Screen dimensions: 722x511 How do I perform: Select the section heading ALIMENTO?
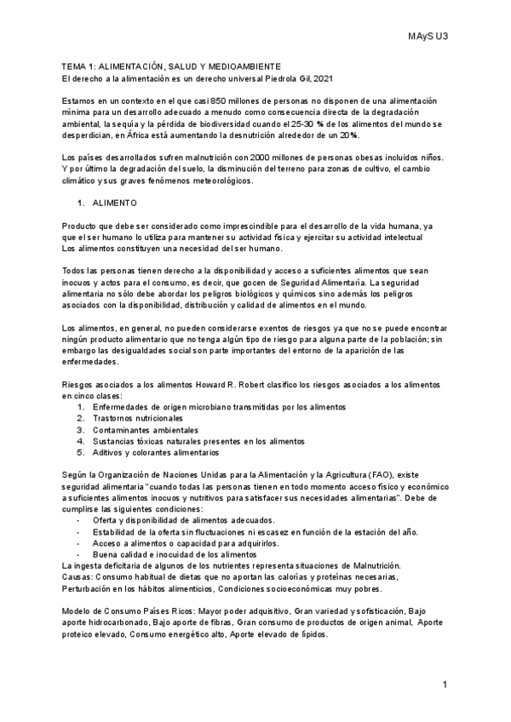112,205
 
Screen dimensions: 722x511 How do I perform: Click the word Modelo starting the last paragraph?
78,611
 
